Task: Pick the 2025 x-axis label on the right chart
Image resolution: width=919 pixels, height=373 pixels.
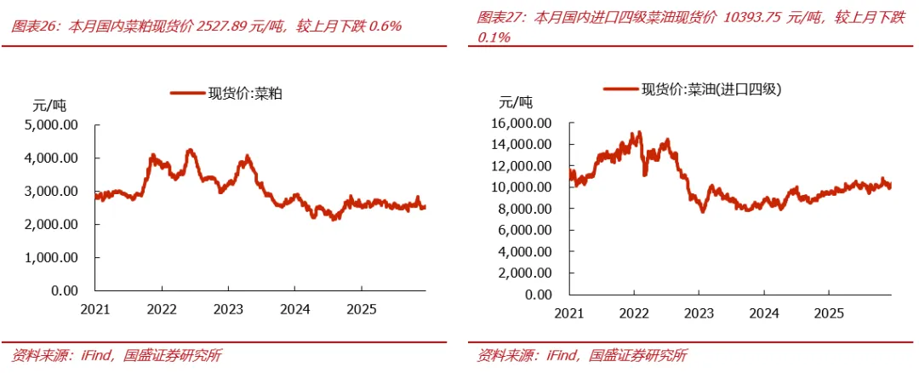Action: click(x=829, y=313)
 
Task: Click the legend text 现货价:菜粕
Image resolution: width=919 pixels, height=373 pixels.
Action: click(x=246, y=93)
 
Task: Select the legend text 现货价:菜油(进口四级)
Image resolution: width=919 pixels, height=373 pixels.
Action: click(x=712, y=90)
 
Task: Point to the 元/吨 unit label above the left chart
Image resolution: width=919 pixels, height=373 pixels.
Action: click(x=49, y=106)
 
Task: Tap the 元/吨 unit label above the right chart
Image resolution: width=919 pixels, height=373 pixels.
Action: click(x=516, y=103)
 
